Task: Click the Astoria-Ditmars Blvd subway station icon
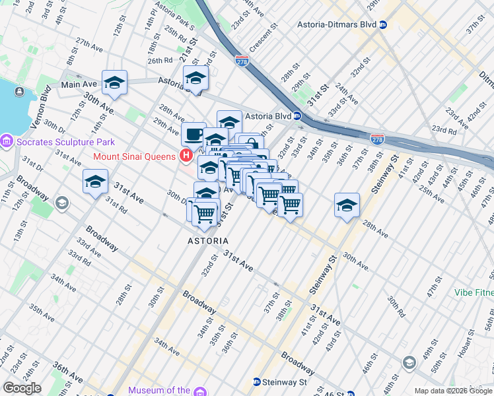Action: (x=383, y=25)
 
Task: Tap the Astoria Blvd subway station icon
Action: (x=298, y=116)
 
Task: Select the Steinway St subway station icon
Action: (x=257, y=382)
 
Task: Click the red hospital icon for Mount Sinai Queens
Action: (x=186, y=156)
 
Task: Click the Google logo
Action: (x=22, y=388)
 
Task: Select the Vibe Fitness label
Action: (x=474, y=292)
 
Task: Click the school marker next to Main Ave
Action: (x=114, y=82)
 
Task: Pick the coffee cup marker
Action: (x=193, y=134)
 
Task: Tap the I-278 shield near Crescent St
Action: (x=242, y=59)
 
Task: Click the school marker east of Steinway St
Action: (x=347, y=205)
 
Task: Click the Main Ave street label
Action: (x=79, y=84)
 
